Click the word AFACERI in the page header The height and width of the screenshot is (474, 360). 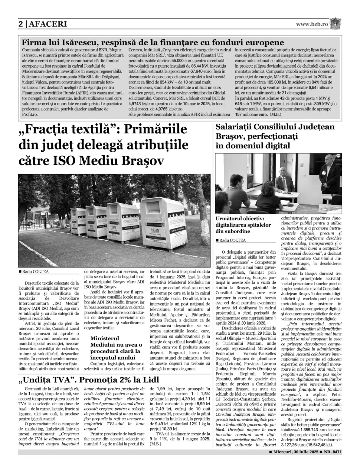[x=47, y=25]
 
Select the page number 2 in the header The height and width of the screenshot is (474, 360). [x=21, y=25]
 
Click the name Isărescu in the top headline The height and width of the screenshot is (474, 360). [x=71, y=43]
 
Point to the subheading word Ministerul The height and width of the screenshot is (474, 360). [x=105, y=338]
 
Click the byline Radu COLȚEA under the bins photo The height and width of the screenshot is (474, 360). [x=35, y=272]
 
